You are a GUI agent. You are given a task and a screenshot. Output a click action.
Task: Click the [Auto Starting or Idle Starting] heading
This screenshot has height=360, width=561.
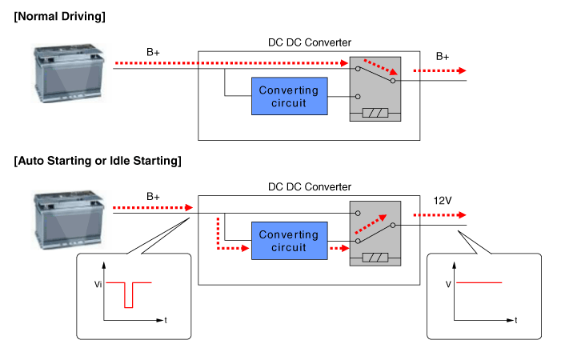[98, 161]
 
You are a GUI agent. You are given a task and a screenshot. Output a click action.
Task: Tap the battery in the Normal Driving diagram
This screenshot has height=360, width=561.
[69, 70]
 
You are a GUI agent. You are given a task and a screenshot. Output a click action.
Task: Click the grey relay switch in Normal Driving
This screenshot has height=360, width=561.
[375, 88]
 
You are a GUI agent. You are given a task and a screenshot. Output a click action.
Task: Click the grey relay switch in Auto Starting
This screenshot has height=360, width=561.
[375, 233]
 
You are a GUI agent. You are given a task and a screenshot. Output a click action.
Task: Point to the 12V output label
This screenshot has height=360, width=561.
[443, 201]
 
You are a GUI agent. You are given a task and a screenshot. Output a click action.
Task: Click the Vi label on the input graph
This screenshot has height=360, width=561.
[97, 282]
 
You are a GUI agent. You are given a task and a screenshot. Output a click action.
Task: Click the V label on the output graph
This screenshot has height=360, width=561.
[449, 282]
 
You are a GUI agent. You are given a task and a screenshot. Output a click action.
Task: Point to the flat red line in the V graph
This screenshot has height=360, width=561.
[479, 282]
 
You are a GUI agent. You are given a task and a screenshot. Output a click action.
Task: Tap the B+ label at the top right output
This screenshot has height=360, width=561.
[443, 57]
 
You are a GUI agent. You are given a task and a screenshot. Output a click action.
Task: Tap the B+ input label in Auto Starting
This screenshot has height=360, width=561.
[154, 196]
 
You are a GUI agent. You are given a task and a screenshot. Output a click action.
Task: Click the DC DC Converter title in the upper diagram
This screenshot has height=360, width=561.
[310, 42]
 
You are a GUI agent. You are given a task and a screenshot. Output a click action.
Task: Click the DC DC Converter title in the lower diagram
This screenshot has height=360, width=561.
[310, 186]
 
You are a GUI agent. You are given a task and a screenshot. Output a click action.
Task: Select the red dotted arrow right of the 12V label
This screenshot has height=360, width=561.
[439, 215]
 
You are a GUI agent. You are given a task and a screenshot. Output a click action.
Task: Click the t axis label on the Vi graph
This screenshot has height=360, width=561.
[166, 320]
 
